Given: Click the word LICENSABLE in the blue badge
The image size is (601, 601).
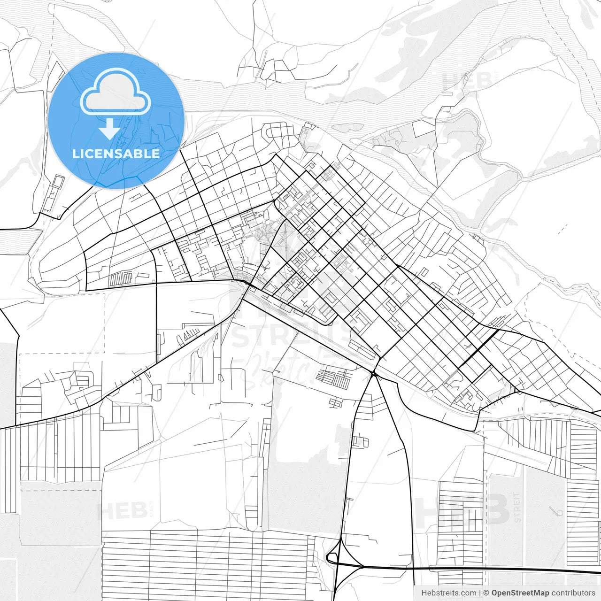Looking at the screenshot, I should (x=116, y=154).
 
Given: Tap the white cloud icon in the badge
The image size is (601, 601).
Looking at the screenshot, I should (x=116, y=92).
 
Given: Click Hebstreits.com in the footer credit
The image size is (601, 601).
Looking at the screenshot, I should (x=448, y=593).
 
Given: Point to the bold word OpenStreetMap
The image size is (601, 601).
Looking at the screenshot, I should (x=520, y=593).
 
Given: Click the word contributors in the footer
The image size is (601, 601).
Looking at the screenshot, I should (x=573, y=593).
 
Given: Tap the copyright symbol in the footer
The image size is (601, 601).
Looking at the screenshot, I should (x=486, y=593).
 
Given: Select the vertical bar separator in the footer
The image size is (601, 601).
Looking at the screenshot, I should (x=480, y=593).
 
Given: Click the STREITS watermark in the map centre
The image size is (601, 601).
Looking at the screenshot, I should (x=291, y=335).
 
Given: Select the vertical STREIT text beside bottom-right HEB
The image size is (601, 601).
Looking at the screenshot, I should (x=517, y=507).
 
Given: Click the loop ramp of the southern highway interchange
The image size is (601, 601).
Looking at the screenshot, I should (x=332, y=558).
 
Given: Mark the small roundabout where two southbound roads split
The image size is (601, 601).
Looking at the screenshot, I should (x=373, y=374).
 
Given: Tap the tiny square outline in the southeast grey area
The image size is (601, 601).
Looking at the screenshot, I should (x=559, y=512).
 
